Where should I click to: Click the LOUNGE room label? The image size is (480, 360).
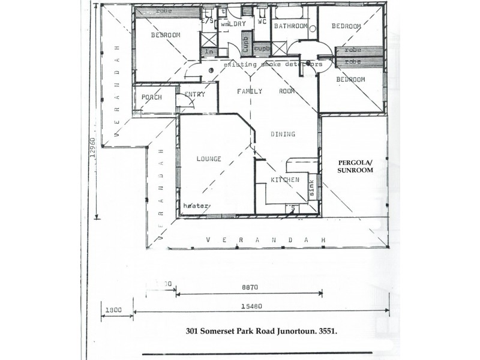coord(209,159)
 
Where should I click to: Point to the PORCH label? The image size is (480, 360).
coord(152,98)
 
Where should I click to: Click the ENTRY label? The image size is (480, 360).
coord(195,94)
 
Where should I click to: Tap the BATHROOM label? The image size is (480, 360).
coord(291,27)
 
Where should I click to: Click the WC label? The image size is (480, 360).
coord(262,22)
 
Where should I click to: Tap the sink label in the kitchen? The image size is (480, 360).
coord(311,188)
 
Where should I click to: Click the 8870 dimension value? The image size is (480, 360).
coord(250,287)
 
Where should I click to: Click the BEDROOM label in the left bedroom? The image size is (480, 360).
coord(166,35)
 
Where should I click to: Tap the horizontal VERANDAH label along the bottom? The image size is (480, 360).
coord(265,240)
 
